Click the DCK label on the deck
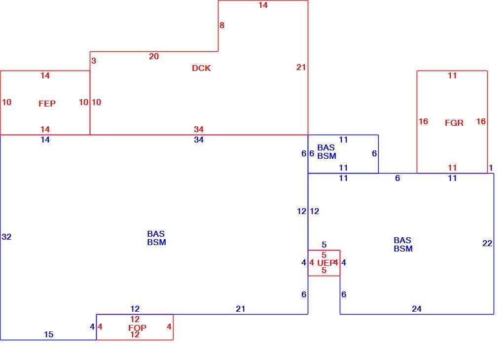pos(201,68)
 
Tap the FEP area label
pos(47,104)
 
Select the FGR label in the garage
pos(454,123)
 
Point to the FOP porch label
pos(137,327)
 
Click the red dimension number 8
pos(222,25)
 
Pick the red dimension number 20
pos(154,57)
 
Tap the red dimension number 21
pos(301,67)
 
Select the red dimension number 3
pos(94,61)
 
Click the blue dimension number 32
pos(6,237)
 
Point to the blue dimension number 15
pos(48,334)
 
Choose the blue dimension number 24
pos(416,309)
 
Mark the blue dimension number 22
pos(487,243)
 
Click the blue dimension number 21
pos(240,309)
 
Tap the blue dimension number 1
pos(491,168)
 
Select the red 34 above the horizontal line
pos(199,129)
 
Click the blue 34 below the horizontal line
pos(199,140)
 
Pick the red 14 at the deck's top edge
pos(263,5)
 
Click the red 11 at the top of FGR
pos(452,75)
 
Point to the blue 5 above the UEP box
pos(324,245)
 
